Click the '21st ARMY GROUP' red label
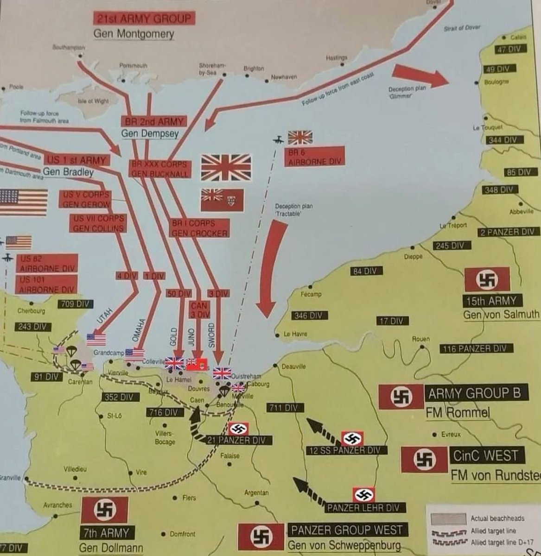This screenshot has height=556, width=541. [x=144, y=19]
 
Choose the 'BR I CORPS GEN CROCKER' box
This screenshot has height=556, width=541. [x=200, y=228]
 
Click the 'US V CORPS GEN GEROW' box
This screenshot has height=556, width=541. [x=86, y=199]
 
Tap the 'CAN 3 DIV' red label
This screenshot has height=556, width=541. [x=199, y=310]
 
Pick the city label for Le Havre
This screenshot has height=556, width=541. [x=295, y=334]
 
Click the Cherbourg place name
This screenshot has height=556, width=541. [x=31, y=311]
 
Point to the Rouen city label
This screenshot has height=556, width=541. [x=420, y=339]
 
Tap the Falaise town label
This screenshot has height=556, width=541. [x=230, y=456]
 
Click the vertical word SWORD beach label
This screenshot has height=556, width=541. [x=211, y=335]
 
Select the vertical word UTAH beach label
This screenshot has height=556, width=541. [x=103, y=319]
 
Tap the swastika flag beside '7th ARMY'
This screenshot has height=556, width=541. [x=105, y=510]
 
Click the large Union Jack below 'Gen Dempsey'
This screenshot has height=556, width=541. [x=226, y=167]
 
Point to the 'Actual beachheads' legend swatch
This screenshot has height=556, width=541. [x=448, y=518]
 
